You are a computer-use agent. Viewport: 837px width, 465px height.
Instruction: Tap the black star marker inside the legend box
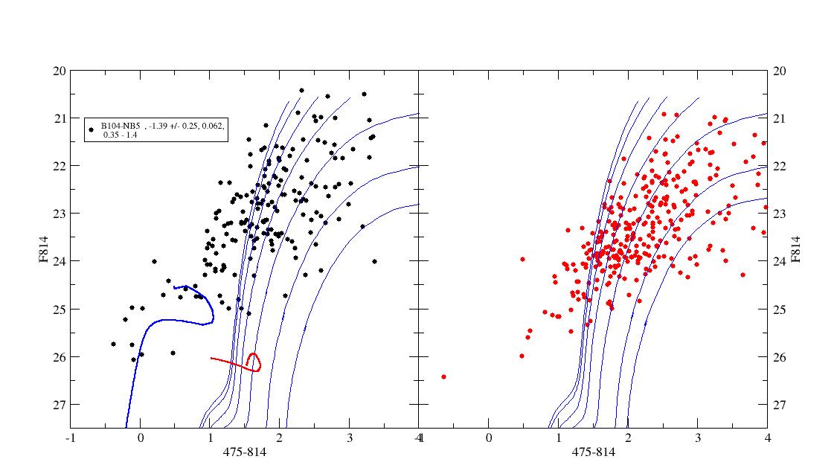click(x=91, y=129)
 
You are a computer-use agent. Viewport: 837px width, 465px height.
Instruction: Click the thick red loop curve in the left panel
click(x=254, y=362)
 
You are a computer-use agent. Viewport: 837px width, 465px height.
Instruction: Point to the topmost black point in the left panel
click(x=301, y=90)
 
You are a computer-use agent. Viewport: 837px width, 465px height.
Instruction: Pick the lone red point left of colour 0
click(x=443, y=376)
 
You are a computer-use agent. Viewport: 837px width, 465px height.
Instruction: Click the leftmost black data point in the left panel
click(x=113, y=344)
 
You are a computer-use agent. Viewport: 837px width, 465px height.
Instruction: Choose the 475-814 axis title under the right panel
click(x=593, y=452)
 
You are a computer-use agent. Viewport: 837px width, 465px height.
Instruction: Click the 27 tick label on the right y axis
click(x=780, y=405)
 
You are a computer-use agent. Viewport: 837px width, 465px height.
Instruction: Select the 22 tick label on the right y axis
click(x=780, y=166)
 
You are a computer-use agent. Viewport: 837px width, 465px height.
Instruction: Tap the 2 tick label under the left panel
click(x=280, y=438)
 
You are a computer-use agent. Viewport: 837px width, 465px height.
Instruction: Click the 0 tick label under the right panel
click(x=489, y=438)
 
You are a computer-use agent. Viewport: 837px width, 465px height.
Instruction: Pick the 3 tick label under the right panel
click(x=698, y=438)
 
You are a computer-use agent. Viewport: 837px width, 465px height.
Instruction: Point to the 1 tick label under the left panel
click(x=210, y=438)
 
